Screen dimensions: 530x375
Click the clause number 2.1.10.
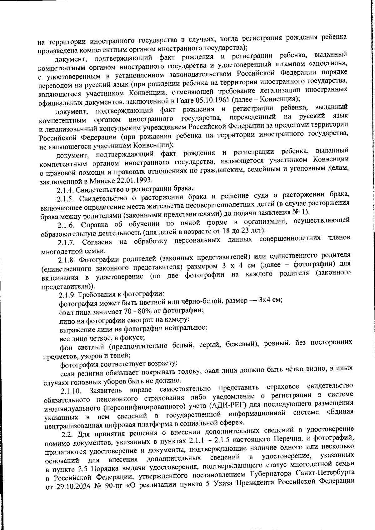coord(71,391)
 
